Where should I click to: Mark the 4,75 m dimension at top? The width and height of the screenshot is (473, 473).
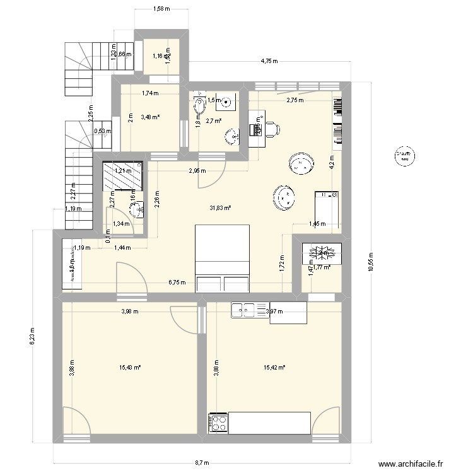pyautogui.click(x=270, y=62)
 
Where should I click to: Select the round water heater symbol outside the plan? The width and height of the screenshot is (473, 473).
pyautogui.click(x=404, y=156)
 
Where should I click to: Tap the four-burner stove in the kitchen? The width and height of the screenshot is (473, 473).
pyautogui.click(x=218, y=423)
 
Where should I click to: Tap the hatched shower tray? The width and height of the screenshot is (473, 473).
pyautogui.click(x=122, y=175)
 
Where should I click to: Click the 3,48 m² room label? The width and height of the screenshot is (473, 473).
pyautogui.click(x=150, y=117)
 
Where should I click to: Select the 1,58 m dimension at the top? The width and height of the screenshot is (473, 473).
pyautogui.click(x=161, y=8)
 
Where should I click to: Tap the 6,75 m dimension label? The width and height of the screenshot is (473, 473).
pyautogui.click(x=177, y=283)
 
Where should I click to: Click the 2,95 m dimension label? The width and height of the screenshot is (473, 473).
pyautogui.click(x=196, y=171)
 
